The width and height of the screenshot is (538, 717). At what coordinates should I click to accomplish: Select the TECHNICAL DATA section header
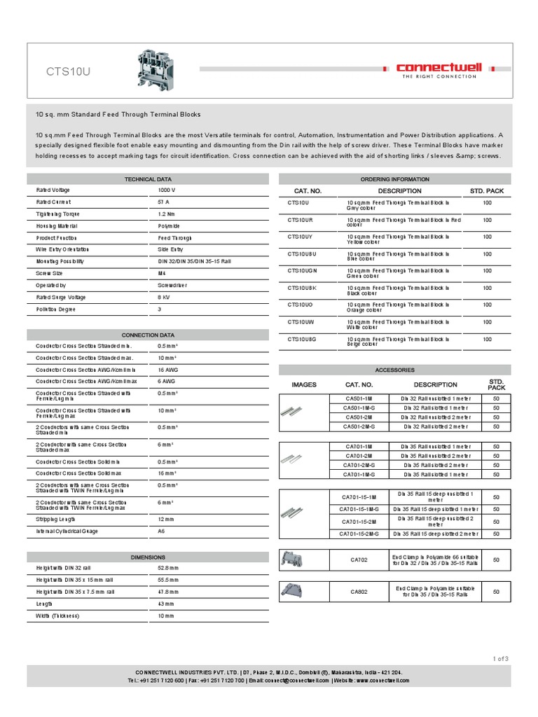[147, 179]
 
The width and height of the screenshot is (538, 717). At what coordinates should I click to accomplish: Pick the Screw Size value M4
[163, 274]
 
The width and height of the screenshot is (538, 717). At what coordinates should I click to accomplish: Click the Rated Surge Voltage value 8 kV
[165, 298]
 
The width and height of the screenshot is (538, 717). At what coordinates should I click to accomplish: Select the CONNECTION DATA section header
[147, 335]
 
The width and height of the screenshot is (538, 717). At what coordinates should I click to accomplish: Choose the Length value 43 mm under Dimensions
[167, 604]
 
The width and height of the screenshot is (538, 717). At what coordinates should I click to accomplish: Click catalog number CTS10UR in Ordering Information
[300, 220]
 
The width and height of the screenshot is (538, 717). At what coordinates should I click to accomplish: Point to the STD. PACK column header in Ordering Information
[487, 190]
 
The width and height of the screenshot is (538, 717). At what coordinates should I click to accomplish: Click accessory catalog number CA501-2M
[359, 417]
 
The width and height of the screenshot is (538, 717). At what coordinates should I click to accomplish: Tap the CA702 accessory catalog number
[359, 561]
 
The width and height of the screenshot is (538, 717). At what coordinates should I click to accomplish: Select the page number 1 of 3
[500, 657]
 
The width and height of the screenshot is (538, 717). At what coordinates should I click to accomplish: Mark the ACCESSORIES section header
[395, 370]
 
